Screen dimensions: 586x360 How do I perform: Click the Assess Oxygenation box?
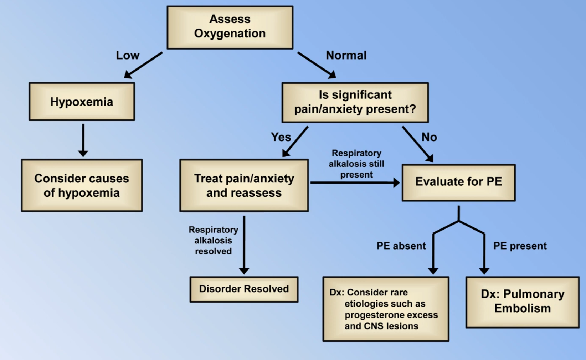[x=230, y=27]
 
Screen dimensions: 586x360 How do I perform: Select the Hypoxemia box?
[x=82, y=102]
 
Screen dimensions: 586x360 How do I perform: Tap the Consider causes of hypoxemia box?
[x=82, y=185]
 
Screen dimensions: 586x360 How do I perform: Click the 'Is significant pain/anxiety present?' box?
[x=355, y=103]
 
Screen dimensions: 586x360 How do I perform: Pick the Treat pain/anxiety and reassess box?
[x=244, y=185]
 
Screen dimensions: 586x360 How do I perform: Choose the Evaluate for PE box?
[x=459, y=182]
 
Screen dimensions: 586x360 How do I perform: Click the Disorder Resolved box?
[x=244, y=289]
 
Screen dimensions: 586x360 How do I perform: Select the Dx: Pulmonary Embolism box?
[x=523, y=302]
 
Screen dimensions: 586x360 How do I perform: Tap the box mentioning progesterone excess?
[x=386, y=309]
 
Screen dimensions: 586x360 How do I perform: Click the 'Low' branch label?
[x=128, y=55]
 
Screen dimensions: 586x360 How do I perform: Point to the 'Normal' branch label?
[x=346, y=55]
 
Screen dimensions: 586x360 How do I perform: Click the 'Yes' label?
[x=281, y=137]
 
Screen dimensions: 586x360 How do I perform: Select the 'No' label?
[x=429, y=137]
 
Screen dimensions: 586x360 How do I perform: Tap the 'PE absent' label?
[x=401, y=246]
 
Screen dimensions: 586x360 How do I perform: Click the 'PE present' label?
[x=520, y=246]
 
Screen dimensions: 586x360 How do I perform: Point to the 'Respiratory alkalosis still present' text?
[x=356, y=164]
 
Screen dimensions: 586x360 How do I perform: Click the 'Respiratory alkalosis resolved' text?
[x=213, y=241]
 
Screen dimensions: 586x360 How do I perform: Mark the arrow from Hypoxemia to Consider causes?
[x=83, y=140]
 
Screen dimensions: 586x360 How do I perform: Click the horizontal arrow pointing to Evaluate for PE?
[x=355, y=182]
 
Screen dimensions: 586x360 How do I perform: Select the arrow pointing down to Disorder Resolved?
[x=244, y=245]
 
